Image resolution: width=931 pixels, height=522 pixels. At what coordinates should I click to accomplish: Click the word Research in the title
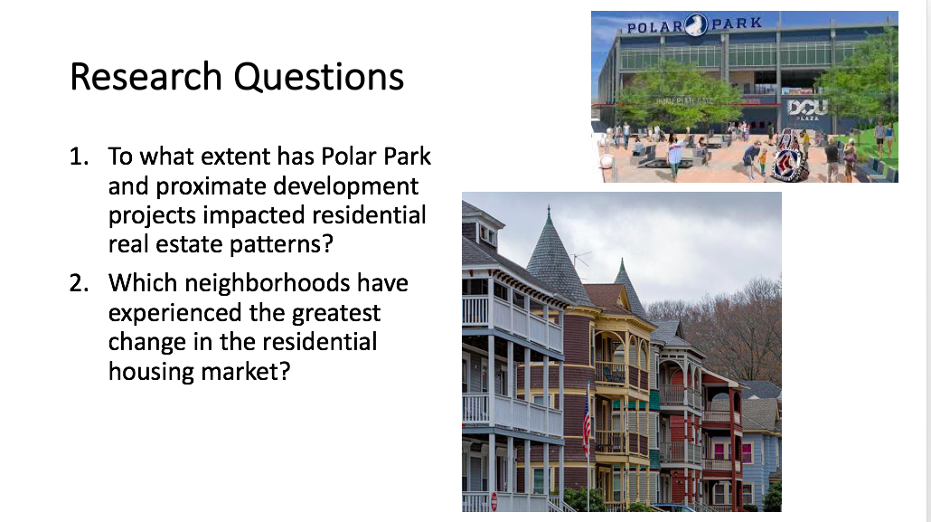[146, 77]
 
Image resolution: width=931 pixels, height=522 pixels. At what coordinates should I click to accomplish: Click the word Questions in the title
[319, 77]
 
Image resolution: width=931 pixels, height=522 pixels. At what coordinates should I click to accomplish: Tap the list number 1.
[79, 157]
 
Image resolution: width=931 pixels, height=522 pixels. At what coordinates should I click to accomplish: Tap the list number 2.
[79, 283]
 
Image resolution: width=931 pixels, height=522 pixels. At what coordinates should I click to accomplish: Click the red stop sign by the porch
[494, 501]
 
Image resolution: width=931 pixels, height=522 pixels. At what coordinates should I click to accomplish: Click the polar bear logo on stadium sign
[697, 24]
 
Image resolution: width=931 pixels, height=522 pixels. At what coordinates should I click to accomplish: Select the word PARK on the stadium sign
[737, 24]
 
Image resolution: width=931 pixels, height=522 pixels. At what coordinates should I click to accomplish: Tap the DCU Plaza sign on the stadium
[807, 109]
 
